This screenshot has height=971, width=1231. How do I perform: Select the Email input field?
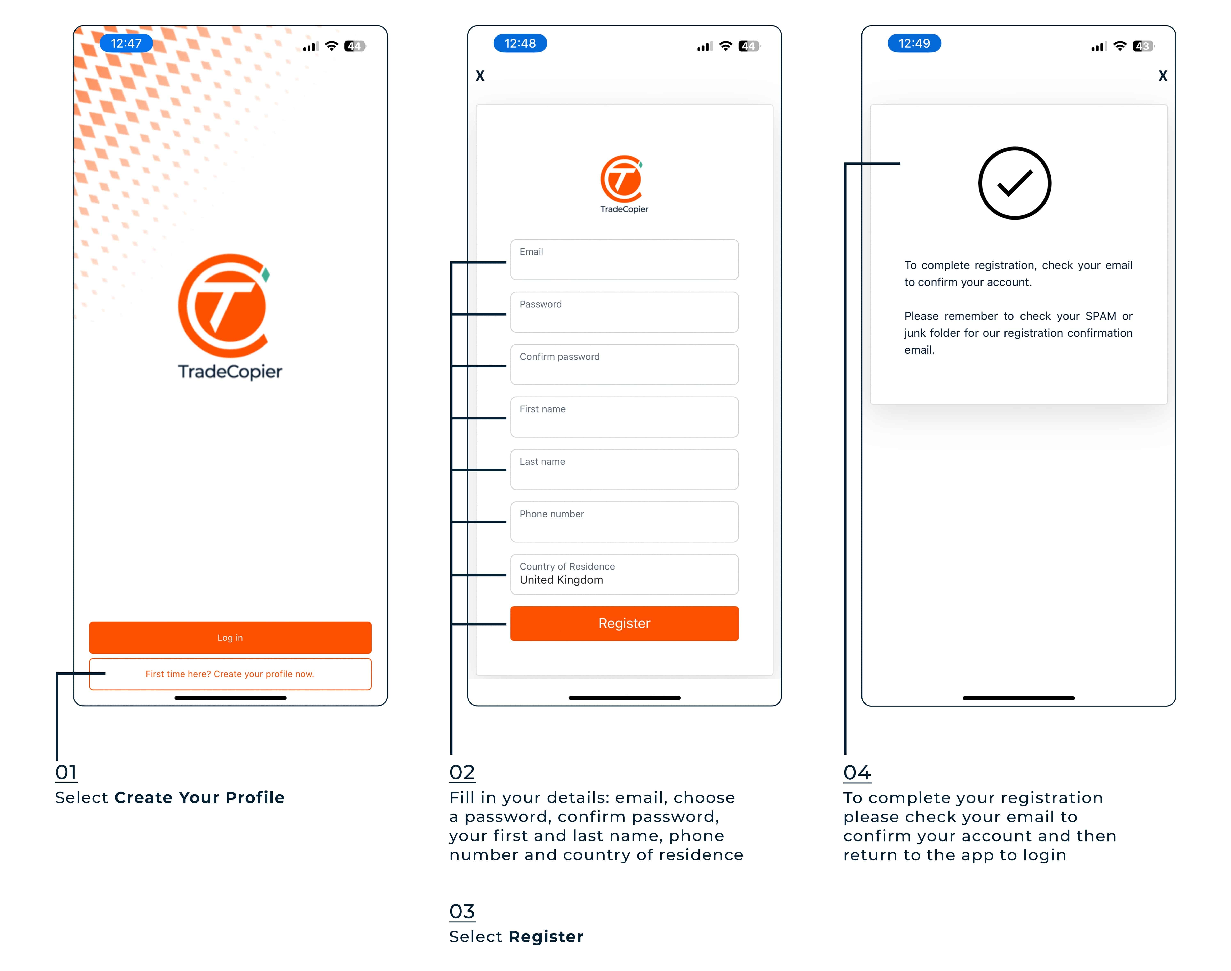(x=624, y=260)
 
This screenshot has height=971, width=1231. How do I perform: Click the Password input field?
(x=624, y=312)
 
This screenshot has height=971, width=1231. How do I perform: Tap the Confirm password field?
(x=624, y=364)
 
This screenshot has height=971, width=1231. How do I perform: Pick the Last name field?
(x=624, y=470)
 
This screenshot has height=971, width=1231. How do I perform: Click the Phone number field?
(x=624, y=522)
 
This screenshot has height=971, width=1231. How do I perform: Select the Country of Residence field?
(x=624, y=574)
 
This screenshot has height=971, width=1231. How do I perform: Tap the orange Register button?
(x=624, y=624)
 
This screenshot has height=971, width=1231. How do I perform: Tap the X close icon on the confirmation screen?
(x=1163, y=76)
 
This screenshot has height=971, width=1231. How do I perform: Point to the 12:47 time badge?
(x=126, y=43)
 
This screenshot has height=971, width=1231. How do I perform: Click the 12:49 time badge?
(x=914, y=43)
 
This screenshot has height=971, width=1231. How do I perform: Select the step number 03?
(x=462, y=911)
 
